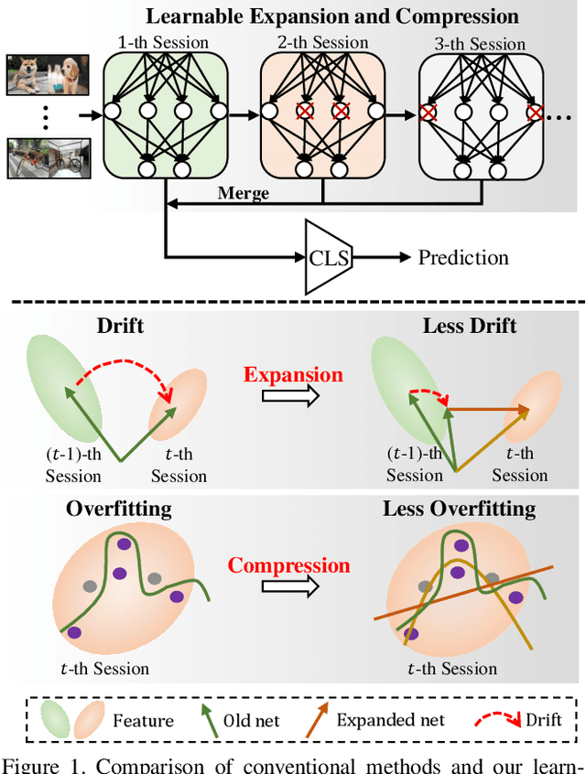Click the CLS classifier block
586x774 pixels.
pyautogui.click(x=327, y=257)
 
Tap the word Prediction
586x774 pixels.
pyautogui.click(x=463, y=257)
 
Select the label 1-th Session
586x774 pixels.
pyautogui.click(x=163, y=43)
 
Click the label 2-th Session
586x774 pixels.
pyautogui.click(x=320, y=43)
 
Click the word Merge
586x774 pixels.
pyautogui.click(x=243, y=193)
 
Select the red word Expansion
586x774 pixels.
pyautogui.click(x=293, y=375)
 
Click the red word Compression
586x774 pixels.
pyautogui.click(x=289, y=565)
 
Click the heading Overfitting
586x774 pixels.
pyautogui.click(x=118, y=508)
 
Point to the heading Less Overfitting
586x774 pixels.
pyautogui.click(x=459, y=508)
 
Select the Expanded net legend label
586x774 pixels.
pyautogui.click(x=391, y=719)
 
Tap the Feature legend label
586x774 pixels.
pyautogui.click(x=143, y=720)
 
